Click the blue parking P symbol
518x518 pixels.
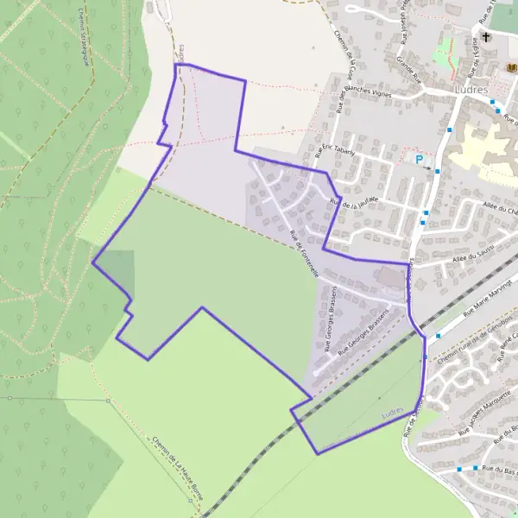pyautogui.click(x=420, y=159)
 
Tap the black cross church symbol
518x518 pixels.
pyautogui.click(x=486, y=37)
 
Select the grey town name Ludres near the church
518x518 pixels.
pyautogui.click(x=470, y=90)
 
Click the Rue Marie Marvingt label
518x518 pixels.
pyautogui.click(x=488, y=298)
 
